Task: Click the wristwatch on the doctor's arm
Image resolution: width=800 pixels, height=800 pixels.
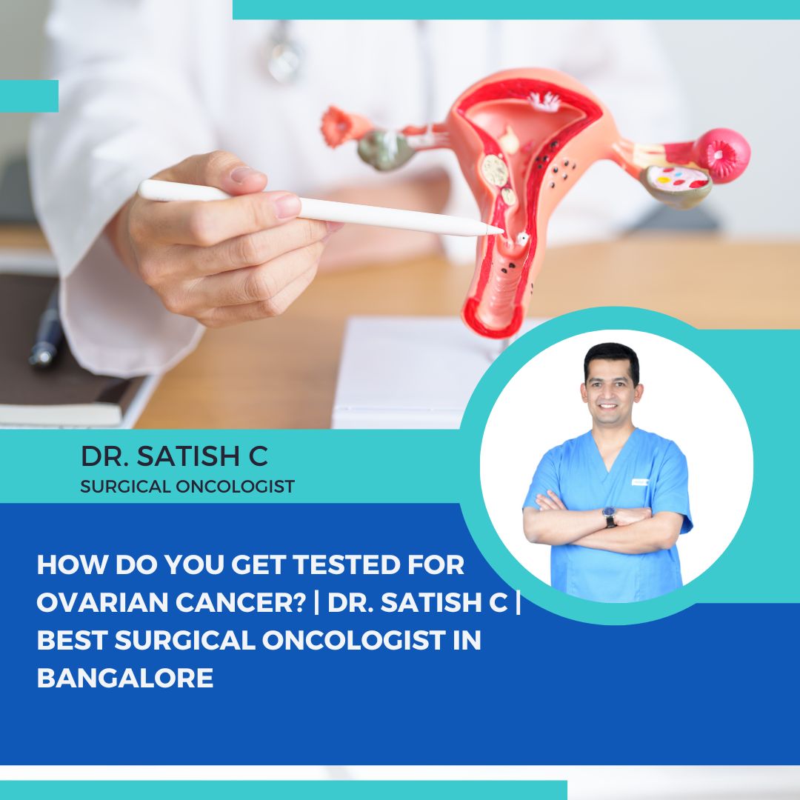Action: point(609,516)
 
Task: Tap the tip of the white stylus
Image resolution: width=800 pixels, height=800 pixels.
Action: point(502,230)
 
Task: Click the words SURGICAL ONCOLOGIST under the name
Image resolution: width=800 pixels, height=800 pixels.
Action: point(187,486)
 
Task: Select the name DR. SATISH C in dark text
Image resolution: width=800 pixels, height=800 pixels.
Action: point(175,456)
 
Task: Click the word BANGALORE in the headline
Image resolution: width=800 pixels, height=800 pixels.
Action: point(125,678)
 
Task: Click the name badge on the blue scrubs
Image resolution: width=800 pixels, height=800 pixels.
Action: point(639,481)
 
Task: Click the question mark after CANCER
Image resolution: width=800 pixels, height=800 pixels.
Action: point(299,602)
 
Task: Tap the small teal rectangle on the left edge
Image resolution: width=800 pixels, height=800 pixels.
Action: point(29,96)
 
